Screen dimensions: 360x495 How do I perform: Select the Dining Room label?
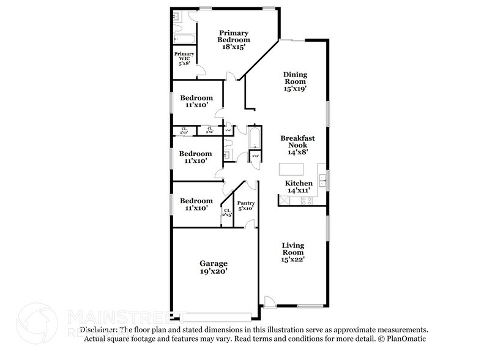click(294, 81)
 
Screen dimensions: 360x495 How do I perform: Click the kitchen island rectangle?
click(291, 168)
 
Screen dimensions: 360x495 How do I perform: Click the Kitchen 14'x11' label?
click(299, 187)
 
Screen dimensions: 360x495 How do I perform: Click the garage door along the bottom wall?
click(217, 317)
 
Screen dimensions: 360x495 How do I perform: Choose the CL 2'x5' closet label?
click(227, 213)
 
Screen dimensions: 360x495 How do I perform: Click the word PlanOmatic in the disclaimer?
click(406, 338)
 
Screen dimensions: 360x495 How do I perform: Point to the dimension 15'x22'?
click(293, 259)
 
